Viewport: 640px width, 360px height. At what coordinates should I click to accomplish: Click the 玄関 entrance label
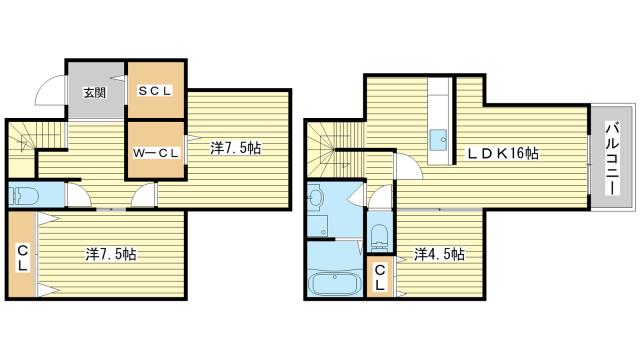[95, 93]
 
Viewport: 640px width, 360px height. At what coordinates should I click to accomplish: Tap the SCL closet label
[155, 91]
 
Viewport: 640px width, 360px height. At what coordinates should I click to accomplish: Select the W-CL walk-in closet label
[156, 153]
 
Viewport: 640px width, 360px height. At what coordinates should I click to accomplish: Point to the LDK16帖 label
[502, 153]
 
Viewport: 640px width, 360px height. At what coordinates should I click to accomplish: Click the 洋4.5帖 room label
[439, 254]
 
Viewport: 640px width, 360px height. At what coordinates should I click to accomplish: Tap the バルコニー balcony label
[612, 158]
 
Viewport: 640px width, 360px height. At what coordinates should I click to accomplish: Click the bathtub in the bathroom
[334, 283]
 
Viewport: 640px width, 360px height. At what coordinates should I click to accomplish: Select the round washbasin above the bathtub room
[315, 198]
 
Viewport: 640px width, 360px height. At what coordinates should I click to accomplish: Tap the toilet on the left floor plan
[24, 196]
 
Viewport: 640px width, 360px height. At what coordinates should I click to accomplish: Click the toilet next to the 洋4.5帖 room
[380, 238]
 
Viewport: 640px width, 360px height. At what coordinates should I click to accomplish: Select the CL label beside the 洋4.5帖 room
[380, 278]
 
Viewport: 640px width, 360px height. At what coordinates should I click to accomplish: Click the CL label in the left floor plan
[23, 257]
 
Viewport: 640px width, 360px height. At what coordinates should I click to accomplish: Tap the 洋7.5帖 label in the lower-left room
[111, 254]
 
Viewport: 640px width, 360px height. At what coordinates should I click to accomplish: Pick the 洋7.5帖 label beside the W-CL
[236, 148]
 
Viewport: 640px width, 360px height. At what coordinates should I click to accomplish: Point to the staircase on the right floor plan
[335, 150]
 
